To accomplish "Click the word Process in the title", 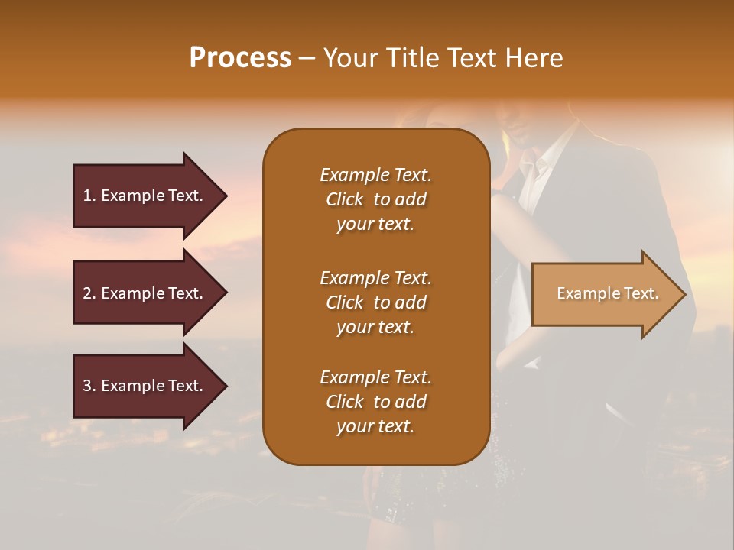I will click(x=240, y=58).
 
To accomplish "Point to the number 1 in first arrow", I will click(x=87, y=196).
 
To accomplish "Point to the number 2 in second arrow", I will click(x=87, y=293).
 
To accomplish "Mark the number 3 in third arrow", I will click(x=87, y=386).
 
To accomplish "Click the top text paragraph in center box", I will click(x=375, y=199).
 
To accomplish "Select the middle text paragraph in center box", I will click(x=375, y=302).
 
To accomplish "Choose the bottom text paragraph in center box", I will click(x=375, y=402).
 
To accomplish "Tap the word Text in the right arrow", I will click(x=641, y=293).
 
